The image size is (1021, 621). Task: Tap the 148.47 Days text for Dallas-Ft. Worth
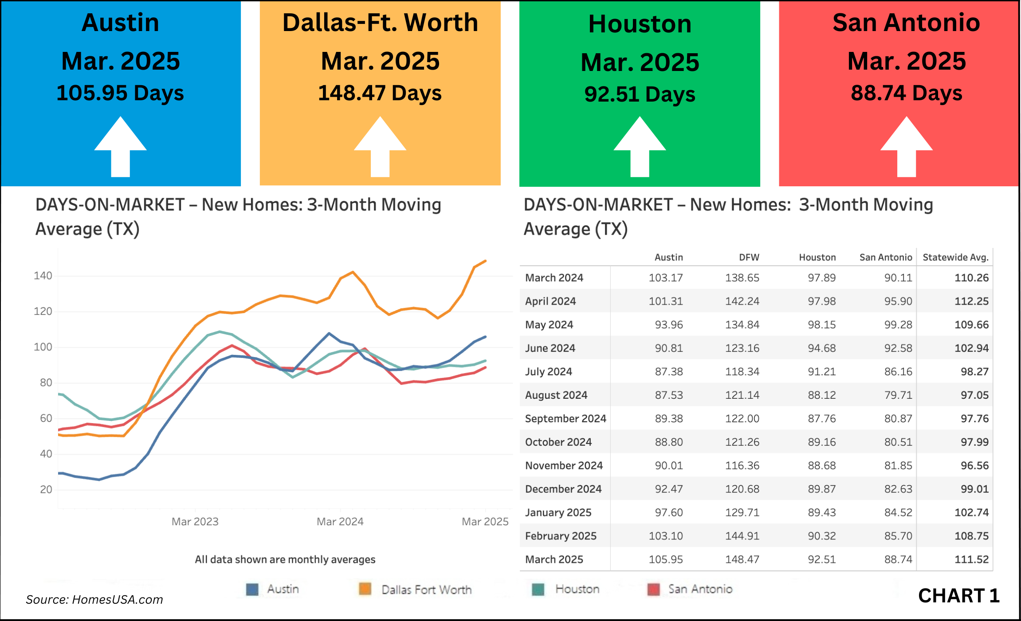coord(380,93)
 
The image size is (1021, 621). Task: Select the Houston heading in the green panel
coord(640,24)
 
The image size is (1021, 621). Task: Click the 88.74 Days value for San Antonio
coord(906,93)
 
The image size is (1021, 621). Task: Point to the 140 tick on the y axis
coord(43,276)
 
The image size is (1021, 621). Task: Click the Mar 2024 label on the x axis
coord(340,522)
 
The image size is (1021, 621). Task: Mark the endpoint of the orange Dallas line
coord(486,261)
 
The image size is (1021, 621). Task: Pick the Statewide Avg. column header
coord(955,257)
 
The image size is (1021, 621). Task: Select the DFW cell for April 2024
coord(742,301)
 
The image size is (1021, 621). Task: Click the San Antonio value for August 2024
coord(898,395)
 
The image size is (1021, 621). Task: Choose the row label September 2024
coord(565,419)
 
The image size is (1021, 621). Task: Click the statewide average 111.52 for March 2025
coord(971,559)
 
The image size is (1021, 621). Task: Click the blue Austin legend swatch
coord(252,590)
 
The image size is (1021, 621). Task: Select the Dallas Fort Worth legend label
coord(426,590)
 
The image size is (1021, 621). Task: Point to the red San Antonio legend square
coord(653,590)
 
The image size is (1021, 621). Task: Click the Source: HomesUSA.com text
coord(94,600)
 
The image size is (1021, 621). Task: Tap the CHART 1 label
coord(958,596)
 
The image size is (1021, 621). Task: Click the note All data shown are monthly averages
coord(285,559)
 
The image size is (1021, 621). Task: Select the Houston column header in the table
coord(817,257)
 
